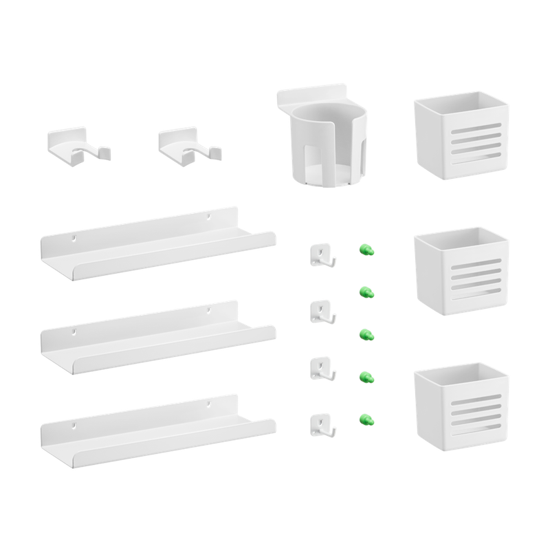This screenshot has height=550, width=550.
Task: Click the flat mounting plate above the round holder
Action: pos(313,95)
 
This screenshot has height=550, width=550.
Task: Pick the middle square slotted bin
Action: pos(461,274)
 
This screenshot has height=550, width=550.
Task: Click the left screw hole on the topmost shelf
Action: pos(73,239)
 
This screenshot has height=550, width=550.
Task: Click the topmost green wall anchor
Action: pos(364,247)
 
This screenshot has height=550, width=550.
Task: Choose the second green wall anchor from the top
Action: pos(367,292)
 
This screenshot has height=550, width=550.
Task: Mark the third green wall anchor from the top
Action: pos(367,335)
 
